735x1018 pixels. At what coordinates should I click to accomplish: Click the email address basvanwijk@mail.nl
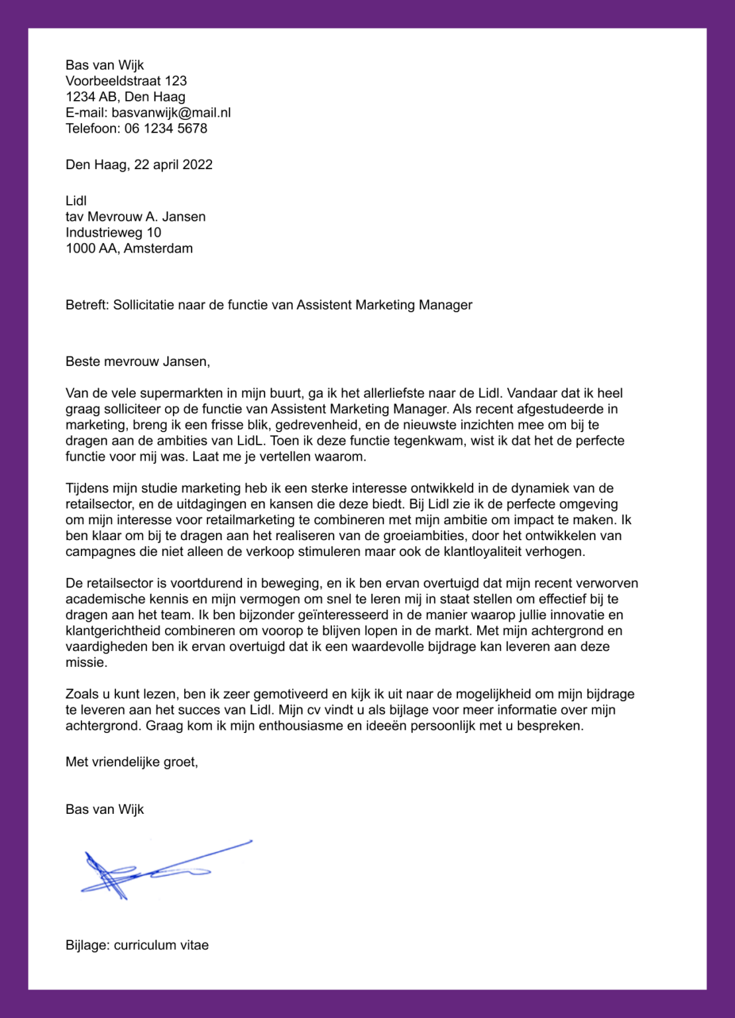(171, 113)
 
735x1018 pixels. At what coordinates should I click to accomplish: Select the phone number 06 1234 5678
(166, 129)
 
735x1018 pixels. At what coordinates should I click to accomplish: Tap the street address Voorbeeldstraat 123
(126, 81)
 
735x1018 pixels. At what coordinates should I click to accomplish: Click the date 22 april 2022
(173, 164)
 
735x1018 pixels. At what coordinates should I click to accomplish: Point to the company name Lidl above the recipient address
(76, 201)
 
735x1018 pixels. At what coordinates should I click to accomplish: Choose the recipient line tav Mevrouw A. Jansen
(135, 217)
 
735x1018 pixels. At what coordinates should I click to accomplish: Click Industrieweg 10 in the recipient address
(113, 233)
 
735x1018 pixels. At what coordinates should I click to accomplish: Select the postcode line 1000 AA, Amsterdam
(129, 249)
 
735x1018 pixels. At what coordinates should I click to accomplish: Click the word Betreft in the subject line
(86, 305)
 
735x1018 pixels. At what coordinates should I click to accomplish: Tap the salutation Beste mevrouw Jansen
(137, 361)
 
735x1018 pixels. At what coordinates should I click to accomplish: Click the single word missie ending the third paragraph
(85, 663)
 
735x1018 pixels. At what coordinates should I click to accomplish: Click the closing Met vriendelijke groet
(131, 762)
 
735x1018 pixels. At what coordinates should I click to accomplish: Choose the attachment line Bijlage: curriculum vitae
(137, 945)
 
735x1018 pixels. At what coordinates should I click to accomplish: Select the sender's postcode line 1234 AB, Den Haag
(125, 97)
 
